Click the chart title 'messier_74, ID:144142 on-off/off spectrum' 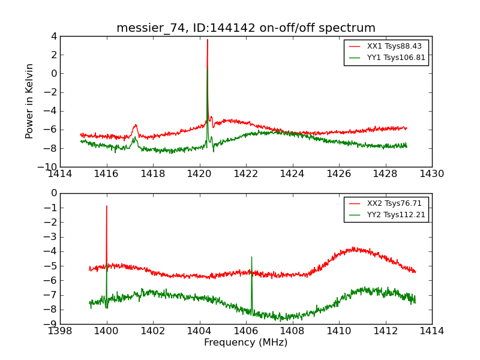click(246, 28)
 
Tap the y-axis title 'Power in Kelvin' click(30, 101)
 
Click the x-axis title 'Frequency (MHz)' click(246, 343)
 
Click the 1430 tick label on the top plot click(431, 173)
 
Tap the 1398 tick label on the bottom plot click(60, 331)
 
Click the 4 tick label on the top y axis click(53, 36)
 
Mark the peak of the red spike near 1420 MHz click(208, 40)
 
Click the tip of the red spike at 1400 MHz click(107, 206)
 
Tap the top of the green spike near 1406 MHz click(251, 257)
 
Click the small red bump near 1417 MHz click(136, 125)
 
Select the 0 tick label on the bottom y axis click(53, 193)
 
